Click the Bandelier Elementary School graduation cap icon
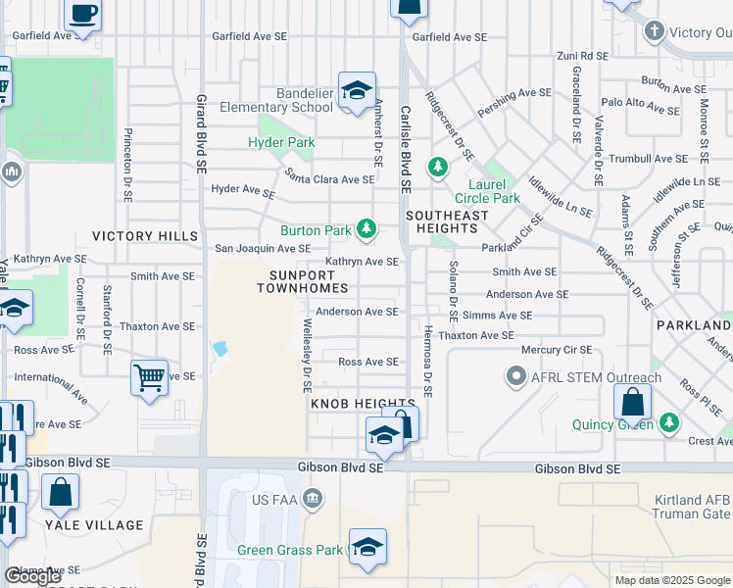(358, 90)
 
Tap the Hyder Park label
(281, 142)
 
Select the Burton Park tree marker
(366, 229)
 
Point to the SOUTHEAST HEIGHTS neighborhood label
(447, 221)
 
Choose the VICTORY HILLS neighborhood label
(137, 236)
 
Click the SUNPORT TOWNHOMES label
(303, 281)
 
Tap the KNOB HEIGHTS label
(363, 404)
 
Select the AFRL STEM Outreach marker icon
(515, 375)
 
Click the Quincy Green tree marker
(668, 422)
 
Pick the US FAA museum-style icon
(313, 498)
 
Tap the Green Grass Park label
(290, 550)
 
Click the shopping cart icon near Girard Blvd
(149, 377)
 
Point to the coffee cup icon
(83, 14)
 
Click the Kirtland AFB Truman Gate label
(692, 507)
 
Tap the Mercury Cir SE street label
(556, 349)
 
